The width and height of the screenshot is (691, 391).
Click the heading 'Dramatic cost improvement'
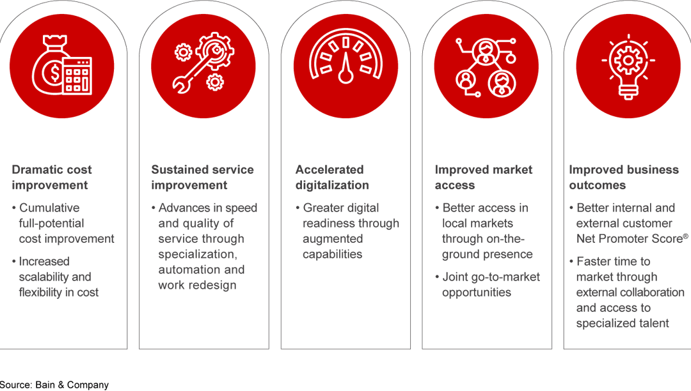(x=51, y=178)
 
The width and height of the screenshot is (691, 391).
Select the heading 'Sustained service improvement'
(x=202, y=178)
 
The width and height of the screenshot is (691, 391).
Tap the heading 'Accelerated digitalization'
(x=332, y=178)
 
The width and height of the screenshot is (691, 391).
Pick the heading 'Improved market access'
(x=483, y=178)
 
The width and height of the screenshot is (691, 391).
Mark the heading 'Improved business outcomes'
(x=624, y=178)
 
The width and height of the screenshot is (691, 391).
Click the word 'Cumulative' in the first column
(x=49, y=208)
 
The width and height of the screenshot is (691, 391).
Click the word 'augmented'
(x=333, y=239)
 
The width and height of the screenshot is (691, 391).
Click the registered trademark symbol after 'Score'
(x=685, y=236)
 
